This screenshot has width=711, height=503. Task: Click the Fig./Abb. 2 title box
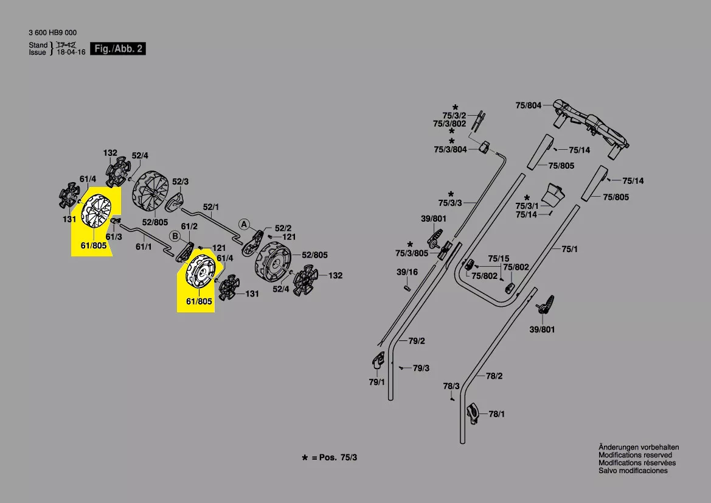pyautogui.click(x=119, y=49)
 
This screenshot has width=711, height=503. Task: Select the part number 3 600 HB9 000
pyautogui.click(x=53, y=33)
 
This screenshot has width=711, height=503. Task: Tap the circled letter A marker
pyautogui.click(x=243, y=224)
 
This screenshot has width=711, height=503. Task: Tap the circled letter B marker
pyautogui.click(x=174, y=236)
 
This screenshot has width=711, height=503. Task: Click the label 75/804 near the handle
pyautogui.click(x=528, y=105)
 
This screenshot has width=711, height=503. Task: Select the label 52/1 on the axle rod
pyautogui.click(x=211, y=207)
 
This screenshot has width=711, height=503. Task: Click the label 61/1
pyautogui.click(x=144, y=247)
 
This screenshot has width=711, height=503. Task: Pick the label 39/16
pyautogui.click(x=408, y=272)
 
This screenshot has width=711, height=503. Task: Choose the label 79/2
pyautogui.click(x=417, y=341)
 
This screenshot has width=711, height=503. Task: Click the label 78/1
pyautogui.click(x=497, y=414)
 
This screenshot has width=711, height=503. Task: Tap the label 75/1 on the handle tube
pyautogui.click(x=569, y=248)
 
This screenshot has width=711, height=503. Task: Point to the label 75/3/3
pyautogui.click(x=450, y=203)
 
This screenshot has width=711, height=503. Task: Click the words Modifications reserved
pyautogui.click(x=635, y=455)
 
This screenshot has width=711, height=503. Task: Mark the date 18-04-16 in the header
pyautogui.click(x=71, y=52)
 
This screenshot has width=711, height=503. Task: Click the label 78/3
pyautogui.click(x=451, y=386)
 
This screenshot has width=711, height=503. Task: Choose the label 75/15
pyautogui.click(x=499, y=258)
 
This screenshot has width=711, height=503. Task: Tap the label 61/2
pyautogui.click(x=190, y=226)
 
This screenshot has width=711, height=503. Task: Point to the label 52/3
pyautogui.click(x=181, y=181)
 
